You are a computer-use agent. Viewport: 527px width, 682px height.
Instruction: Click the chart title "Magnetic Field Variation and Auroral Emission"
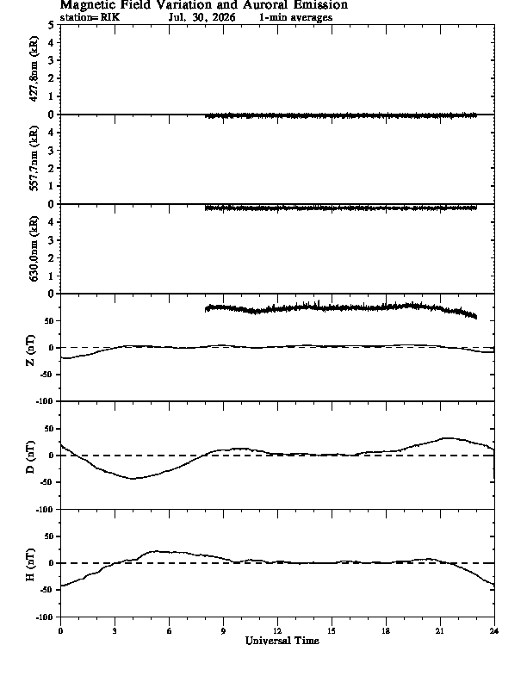point(203,5)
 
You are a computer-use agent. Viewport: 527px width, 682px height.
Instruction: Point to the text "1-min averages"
point(295,17)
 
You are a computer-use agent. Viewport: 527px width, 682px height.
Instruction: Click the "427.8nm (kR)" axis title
point(34,69)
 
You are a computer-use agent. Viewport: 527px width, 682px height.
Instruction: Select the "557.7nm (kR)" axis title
point(34,158)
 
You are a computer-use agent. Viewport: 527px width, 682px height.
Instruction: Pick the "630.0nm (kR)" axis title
point(34,248)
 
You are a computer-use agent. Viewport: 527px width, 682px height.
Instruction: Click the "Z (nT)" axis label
point(30,350)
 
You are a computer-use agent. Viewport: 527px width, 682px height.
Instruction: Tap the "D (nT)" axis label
point(30,457)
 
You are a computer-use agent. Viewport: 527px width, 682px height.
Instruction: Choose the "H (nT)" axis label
point(30,565)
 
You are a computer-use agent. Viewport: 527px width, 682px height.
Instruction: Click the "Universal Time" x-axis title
point(282,641)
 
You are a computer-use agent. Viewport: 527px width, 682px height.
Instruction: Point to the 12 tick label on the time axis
point(277,631)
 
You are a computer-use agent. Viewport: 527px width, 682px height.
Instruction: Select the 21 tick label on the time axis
point(440,631)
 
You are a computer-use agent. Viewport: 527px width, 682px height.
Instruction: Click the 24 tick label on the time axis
point(494,631)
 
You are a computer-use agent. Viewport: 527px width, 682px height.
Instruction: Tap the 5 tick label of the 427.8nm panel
point(51,25)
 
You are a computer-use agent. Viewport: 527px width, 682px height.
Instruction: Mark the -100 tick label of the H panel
point(45,617)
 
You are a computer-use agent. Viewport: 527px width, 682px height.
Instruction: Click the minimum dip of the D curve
point(133,479)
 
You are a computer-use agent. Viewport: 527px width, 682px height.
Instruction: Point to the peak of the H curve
point(157,551)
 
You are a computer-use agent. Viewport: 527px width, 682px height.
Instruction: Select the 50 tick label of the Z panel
point(49,321)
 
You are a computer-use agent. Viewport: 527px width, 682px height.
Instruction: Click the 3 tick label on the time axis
point(115,631)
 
